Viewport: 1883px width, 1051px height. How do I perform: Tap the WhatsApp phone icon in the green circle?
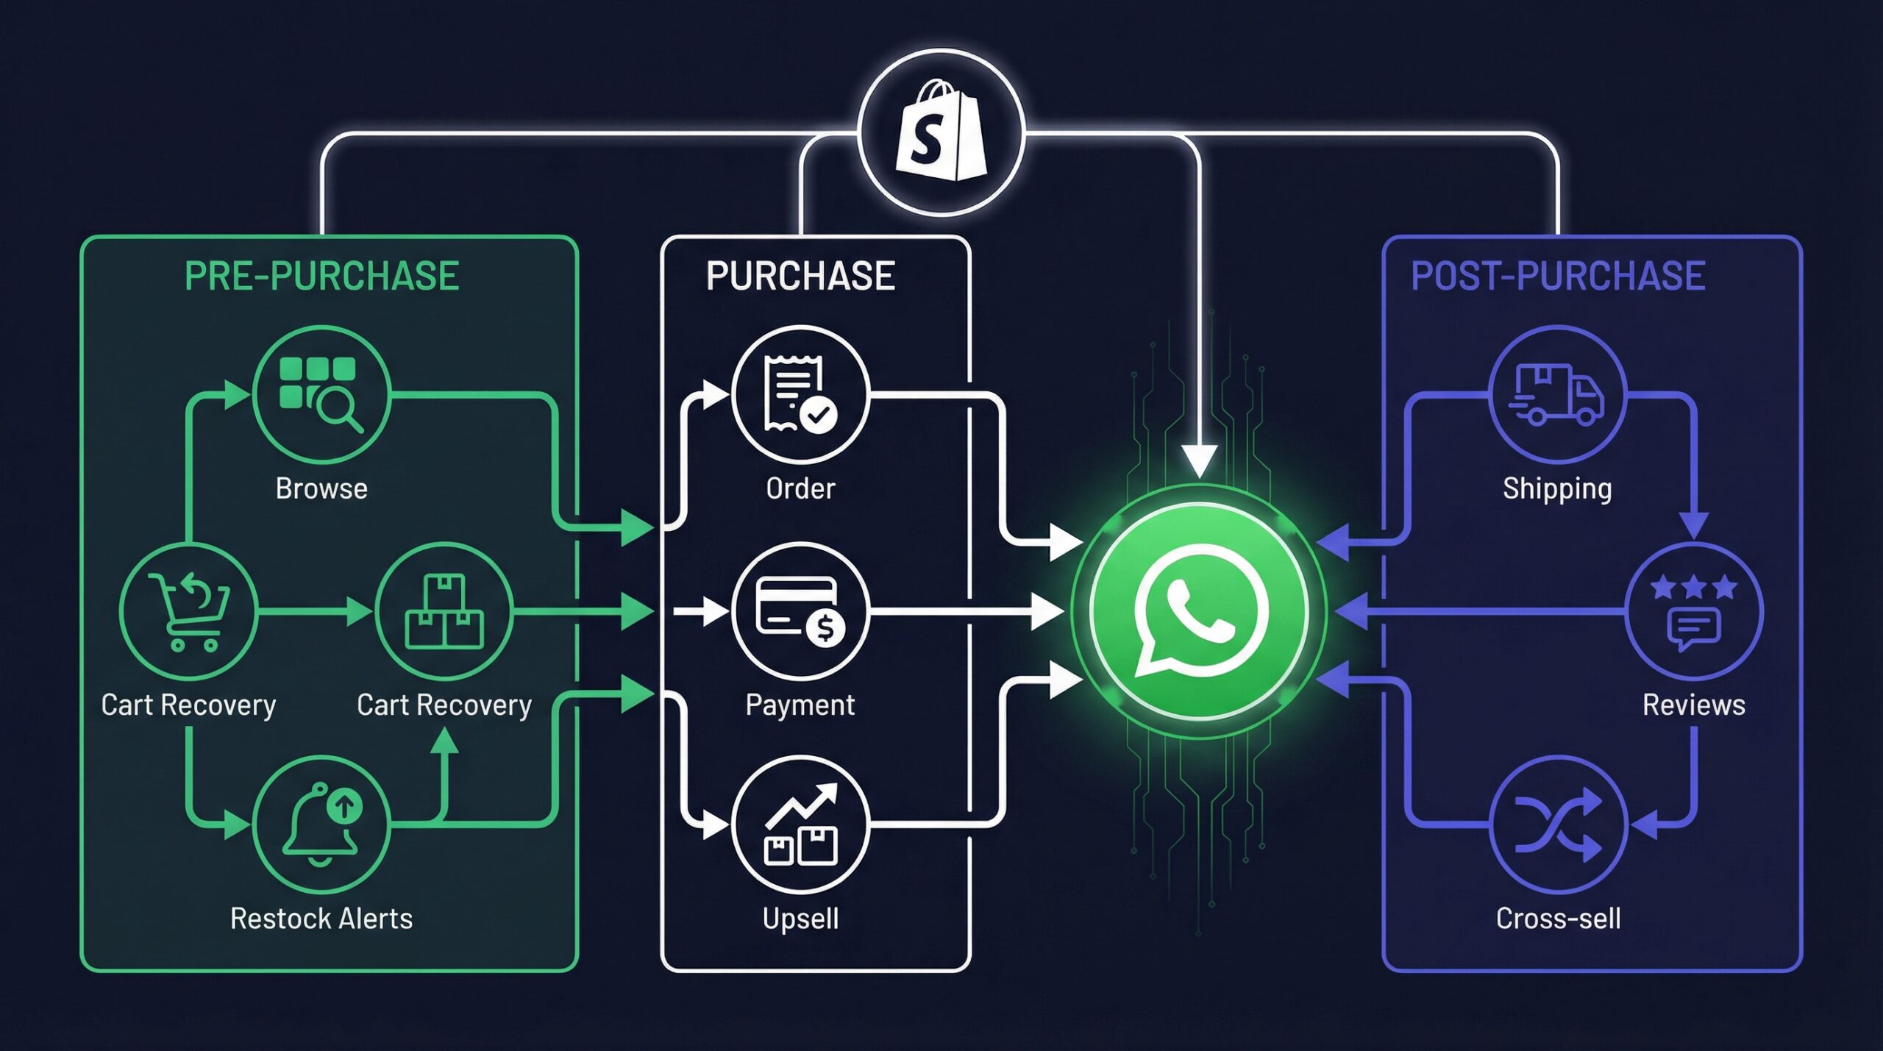1200,610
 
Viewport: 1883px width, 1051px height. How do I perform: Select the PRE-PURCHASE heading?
321,276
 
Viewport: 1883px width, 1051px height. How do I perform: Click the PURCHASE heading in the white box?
800,276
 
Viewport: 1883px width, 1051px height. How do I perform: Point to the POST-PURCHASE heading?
1557,276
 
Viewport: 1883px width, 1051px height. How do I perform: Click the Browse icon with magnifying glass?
321,394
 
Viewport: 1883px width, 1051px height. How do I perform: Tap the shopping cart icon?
189,610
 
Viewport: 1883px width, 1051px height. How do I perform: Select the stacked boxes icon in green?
444,610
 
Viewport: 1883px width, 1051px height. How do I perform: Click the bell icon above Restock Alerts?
321,824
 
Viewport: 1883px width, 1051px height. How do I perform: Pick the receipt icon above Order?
800,394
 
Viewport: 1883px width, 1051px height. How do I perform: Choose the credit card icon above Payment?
800,610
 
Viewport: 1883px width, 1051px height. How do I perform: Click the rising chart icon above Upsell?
800,824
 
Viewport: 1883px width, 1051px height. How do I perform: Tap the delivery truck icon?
1557,394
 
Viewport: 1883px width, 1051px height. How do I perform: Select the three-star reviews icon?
1693,610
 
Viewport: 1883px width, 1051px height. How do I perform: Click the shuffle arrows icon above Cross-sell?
1557,824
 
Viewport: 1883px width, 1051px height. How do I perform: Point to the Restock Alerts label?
321,919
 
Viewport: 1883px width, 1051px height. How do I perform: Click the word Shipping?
1557,488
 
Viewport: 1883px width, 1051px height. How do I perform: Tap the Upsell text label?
800,919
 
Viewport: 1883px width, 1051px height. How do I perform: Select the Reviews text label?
1693,705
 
